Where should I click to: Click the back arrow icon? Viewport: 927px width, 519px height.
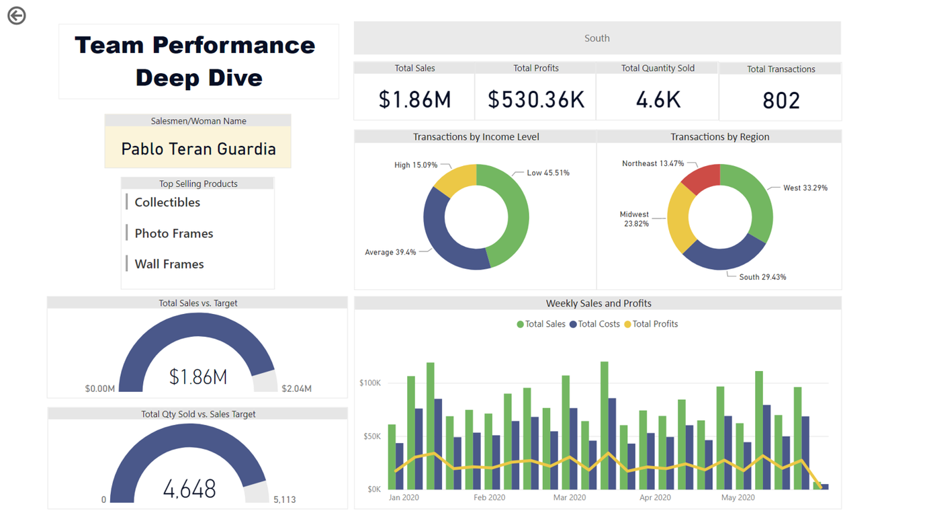click(x=17, y=15)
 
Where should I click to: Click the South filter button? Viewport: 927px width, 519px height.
click(x=597, y=38)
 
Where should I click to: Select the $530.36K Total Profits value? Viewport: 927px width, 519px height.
click(x=536, y=99)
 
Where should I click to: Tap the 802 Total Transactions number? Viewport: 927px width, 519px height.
click(x=781, y=101)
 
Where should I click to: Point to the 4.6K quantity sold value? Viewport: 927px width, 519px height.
click(x=658, y=99)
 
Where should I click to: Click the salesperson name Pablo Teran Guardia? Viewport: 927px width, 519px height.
click(x=198, y=149)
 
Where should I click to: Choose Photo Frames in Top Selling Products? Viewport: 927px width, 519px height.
click(x=173, y=233)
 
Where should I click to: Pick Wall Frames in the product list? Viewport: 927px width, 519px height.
click(x=169, y=264)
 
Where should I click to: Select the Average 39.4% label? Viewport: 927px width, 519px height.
click(x=390, y=252)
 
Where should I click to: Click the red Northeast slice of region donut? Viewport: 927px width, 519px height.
click(x=701, y=177)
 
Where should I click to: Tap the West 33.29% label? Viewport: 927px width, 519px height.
click(x=805, y=188)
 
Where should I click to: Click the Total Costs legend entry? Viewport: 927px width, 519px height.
click(x=594, y=324)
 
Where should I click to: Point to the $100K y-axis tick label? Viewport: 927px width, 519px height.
click(x=370, y=383)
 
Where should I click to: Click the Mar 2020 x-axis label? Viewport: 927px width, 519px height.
click(x=569, y=497)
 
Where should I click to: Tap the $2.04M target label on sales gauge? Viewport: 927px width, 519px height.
click(x=296, y=389)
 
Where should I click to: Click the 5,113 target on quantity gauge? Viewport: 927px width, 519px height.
click(x=284, y=500)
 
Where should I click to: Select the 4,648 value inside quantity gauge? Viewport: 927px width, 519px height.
click(x=189, y=489)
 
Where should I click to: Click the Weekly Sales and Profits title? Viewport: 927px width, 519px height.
click(x=598, y=303)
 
